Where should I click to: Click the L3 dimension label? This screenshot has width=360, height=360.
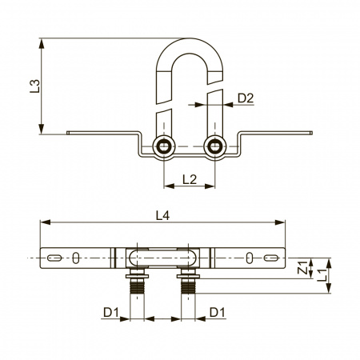[x=34, y=86]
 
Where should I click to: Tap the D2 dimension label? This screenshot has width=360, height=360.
[x=246, y=98]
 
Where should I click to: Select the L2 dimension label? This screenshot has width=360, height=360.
[x=190, y=179]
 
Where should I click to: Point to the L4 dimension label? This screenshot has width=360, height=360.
[x=162, y=216]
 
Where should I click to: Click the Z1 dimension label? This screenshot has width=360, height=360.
[x=302, y=267]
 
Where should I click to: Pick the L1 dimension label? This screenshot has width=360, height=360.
[x=322, y=275]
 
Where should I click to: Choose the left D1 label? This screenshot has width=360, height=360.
[x=111, y=312]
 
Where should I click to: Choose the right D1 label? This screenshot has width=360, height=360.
[x=218, y=312]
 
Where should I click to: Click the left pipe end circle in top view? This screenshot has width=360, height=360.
[x=164, y=146]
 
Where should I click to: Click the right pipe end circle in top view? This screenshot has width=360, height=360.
[x=214, y=146]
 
